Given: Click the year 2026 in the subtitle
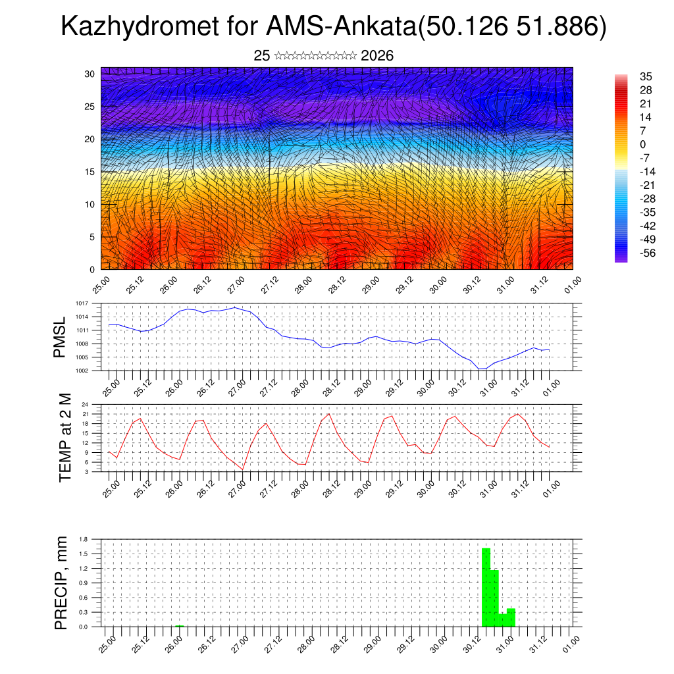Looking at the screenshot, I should pos(377,56).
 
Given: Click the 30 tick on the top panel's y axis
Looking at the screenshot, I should pos(90,74).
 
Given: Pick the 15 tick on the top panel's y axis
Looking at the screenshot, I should pos(90,172).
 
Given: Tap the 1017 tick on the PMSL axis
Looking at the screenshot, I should pos(82,303).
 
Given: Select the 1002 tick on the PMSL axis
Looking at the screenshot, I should pos(82,371).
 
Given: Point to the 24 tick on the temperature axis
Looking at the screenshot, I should pos(85,404).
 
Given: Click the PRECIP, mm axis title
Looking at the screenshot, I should pos(61,583).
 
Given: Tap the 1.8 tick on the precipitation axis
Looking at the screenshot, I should pos(84,539).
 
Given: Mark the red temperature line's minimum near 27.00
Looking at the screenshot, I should pos(243,469).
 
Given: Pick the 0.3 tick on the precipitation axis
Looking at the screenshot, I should pos(84,612).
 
